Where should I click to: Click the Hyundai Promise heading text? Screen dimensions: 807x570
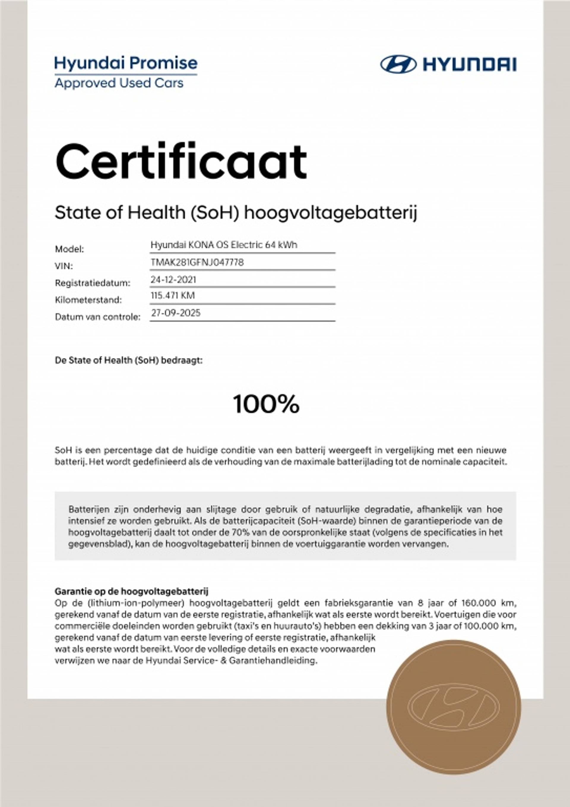coord(126,63)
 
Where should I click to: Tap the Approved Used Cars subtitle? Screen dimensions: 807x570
coord(119,83)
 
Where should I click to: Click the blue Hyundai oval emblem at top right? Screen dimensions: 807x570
coord(399,64)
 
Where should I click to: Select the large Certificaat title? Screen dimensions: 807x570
coord(181,162)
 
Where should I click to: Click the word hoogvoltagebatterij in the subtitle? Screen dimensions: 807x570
coord(330,213)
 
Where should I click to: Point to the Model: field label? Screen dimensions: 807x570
coord(69,249)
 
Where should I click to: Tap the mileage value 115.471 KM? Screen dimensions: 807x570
coord(172,296)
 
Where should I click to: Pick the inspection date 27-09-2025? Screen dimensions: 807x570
coord(175,313)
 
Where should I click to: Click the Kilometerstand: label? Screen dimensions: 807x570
coord(88,300)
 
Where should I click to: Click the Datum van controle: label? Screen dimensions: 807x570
coord(98,317)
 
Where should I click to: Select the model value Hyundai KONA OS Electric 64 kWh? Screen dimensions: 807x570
coord(224,245)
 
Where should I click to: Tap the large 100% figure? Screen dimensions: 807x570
coord(266,404)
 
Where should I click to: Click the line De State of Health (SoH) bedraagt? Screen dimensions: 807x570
coord(129,360)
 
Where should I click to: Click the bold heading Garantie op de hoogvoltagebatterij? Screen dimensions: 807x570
coord(131,592)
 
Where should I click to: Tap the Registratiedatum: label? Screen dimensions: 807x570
coord(93,283)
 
